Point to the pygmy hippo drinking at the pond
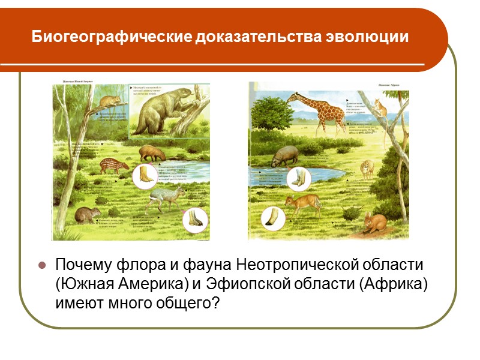(283, 157)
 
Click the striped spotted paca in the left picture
(114, 165)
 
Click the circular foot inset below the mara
(196, 221)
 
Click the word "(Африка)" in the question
(396, 283)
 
